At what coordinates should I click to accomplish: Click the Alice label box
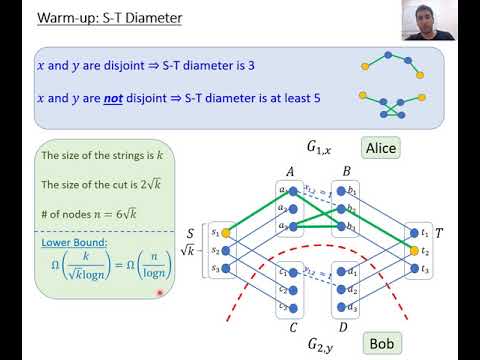[380, 148]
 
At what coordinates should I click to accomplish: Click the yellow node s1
[228, 231]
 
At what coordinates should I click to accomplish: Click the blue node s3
[228, 267]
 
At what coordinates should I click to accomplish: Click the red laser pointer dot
[158, 292]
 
